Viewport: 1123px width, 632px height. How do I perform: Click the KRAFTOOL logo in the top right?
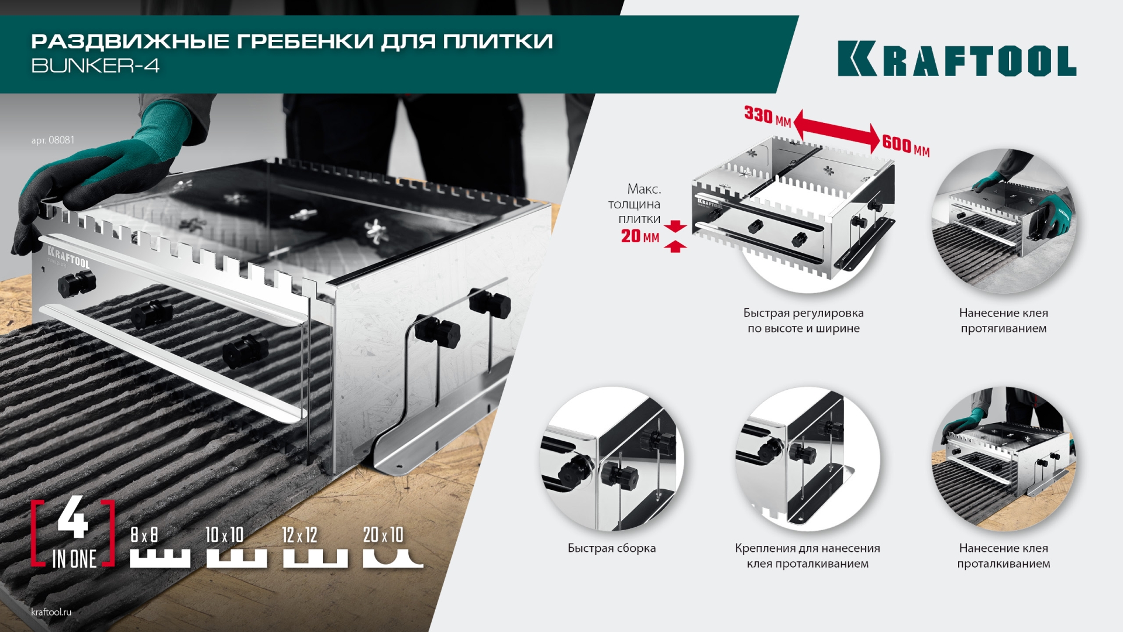(x=956, y=59)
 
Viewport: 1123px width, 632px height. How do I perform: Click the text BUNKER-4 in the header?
(x=95, y=66)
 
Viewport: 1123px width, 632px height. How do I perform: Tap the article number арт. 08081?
(x=53, y=140)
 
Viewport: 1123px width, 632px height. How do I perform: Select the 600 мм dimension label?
(x=905, y=145)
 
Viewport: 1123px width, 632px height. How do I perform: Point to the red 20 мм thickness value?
(x=640, y=236)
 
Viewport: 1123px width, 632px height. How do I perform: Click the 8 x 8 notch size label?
(x=144, y=535)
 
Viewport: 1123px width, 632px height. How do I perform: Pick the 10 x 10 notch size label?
(x=225, y=535)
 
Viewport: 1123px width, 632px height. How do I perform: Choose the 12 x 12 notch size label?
(x=299, y=535)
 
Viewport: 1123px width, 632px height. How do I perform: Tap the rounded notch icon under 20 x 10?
(x=392, y=559)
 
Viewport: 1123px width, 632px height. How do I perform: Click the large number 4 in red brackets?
(x=73, y=518)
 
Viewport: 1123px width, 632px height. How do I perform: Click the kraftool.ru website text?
(x=51, y=612)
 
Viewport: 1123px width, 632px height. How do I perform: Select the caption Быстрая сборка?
(x=612, y=549)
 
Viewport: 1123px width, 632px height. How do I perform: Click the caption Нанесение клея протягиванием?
(x=1003, y=321)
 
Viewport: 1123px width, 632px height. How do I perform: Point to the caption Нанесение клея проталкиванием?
(x=1003, y=556)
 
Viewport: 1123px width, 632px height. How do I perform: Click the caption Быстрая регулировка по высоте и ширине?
(x=803, y=321)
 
